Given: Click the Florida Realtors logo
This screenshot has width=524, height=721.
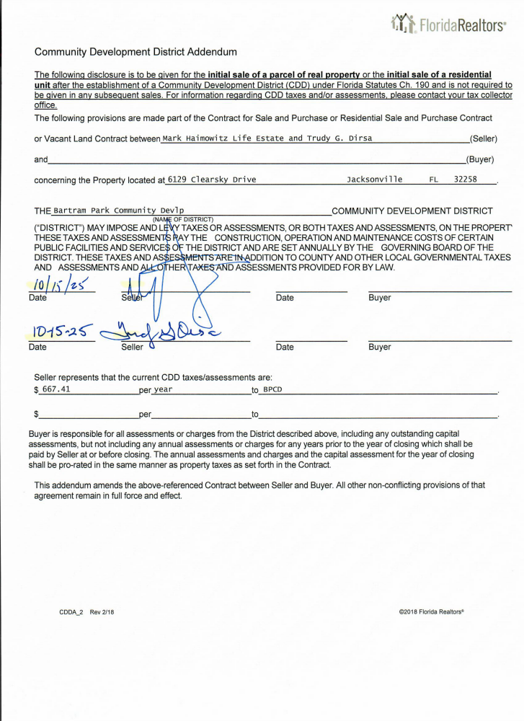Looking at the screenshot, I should pyautogui.click(x=447, y=25).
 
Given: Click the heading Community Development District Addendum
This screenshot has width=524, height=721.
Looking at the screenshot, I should pyautogui.click(x=136, y=52).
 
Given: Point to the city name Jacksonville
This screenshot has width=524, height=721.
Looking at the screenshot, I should pyautogui.click(x=375, y=179).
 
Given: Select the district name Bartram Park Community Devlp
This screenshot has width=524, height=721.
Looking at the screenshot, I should pyautogui.click(x=119, y=211).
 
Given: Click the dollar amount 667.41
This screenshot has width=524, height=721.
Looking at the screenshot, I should pyautogui.click(x=56, y=389).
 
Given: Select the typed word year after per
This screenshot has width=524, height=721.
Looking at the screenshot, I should pyautogui.click(x=163, y=390).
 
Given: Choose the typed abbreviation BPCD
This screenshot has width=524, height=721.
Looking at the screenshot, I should pyautogui.click(x=272, y=390).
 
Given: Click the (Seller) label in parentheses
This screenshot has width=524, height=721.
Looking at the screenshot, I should pyautogui.click(x=483, y=138).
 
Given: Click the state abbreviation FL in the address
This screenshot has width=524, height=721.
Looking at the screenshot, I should pyautogui.click(x=434, y=179).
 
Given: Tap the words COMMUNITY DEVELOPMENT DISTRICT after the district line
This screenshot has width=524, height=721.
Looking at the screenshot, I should pyautogui.click(x=412, y=211).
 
